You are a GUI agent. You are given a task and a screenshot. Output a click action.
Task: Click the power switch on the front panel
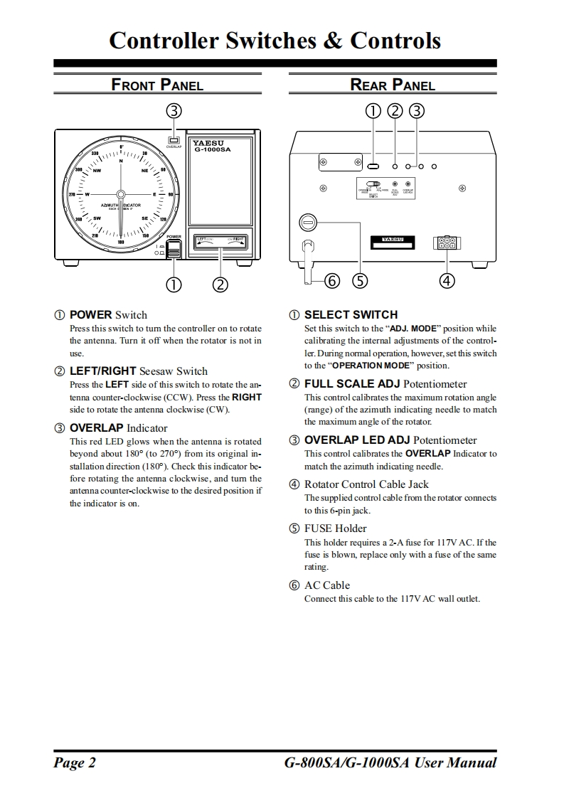[174, 249]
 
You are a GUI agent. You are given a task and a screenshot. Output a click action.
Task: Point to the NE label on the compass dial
[145, 171]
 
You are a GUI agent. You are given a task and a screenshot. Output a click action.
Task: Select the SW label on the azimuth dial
[97, 218]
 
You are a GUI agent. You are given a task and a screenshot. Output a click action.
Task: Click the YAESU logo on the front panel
[208, 142]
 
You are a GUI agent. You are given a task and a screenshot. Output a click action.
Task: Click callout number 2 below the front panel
[220, 284]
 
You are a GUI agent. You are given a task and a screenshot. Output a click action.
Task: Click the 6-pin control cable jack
[447, 243]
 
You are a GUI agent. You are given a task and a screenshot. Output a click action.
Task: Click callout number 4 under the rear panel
[447, 280]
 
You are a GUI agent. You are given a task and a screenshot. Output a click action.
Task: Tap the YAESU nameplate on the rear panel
[393, 240]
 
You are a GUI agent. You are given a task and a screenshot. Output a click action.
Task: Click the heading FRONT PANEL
[157, 85]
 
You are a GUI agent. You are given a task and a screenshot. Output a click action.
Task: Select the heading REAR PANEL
[393, 85]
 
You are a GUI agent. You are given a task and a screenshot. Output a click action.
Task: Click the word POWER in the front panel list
[90, 314]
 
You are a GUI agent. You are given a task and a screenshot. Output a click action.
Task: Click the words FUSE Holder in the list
[335, 528]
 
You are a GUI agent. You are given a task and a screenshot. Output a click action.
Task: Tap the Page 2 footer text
[75, 762]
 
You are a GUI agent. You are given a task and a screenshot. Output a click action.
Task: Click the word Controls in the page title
[395, 40]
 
